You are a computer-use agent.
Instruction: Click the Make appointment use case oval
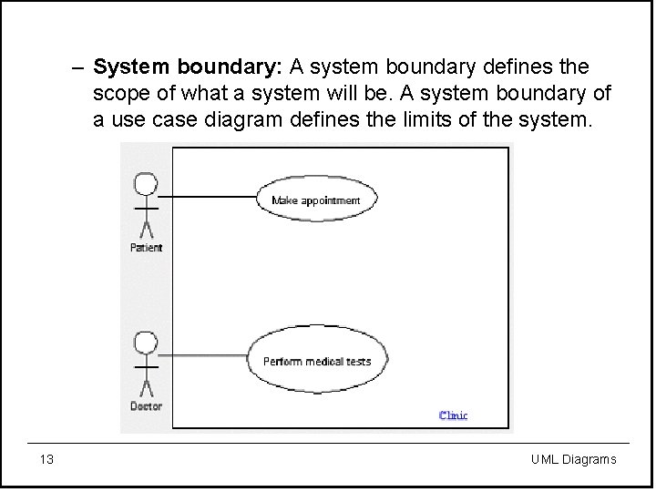315,200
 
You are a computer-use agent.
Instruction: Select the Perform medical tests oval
316,361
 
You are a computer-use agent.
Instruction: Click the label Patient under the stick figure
146,248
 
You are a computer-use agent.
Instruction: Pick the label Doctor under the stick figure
146,406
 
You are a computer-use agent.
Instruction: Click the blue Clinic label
453,415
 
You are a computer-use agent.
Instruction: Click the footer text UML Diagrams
573,459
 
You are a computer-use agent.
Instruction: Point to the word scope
118,94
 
